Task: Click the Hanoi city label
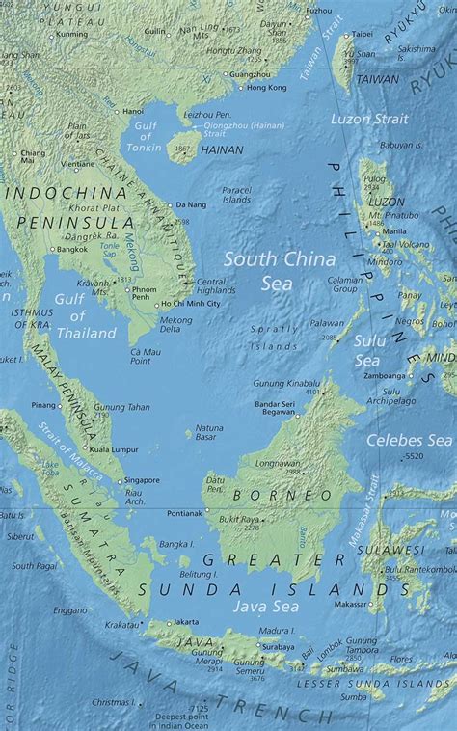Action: (133, 111)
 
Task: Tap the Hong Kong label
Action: (267, 88)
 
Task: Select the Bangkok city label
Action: (71, 249)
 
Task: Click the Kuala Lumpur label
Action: (110, 449)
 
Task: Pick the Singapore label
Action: (142, 479)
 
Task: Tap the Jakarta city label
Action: (186, 622)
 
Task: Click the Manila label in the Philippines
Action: (394, 231)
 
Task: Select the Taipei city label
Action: (363, 34)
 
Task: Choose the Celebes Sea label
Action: (410, 440)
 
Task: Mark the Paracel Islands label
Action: (235, 195)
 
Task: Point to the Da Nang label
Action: (191, 205)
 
